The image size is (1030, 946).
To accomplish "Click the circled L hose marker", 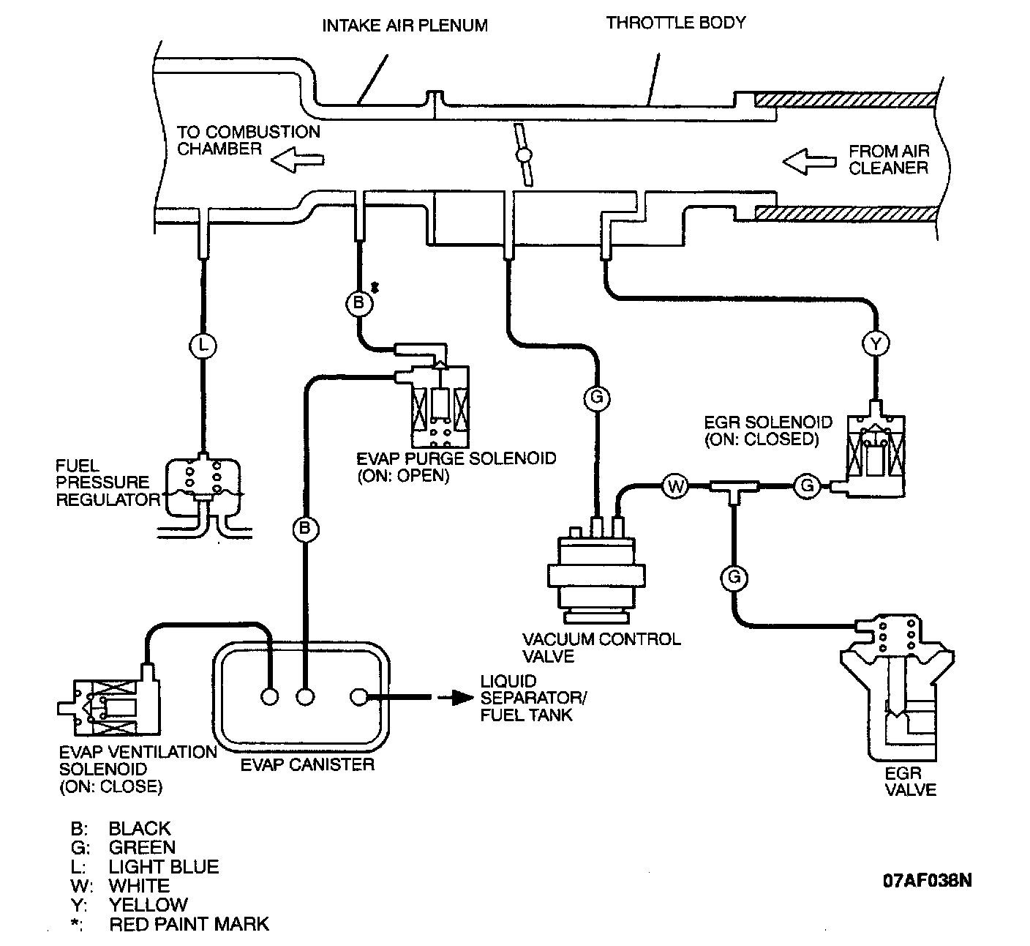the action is (x=203, y=346).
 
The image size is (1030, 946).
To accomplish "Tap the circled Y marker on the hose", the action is (x=876, y=343).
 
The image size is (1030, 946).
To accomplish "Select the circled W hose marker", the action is (x=675, y=485).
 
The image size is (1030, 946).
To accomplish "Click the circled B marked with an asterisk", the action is (x=359, y=303).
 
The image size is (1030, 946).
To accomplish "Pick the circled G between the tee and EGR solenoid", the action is (x=807, y=485).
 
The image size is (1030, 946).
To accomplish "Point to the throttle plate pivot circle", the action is (x=524, y=154).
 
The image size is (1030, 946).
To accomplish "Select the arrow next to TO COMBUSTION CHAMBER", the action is (x=297, y=160).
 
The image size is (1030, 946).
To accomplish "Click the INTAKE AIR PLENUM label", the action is (x=405, y=26).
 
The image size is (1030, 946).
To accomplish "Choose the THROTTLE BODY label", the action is (x=676, y=23).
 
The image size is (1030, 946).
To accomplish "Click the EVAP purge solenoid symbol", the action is (x=432, y=396).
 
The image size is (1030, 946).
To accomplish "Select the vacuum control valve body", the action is (x=596, y=571).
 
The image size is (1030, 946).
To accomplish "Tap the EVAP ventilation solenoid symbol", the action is (x=109, y=700).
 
